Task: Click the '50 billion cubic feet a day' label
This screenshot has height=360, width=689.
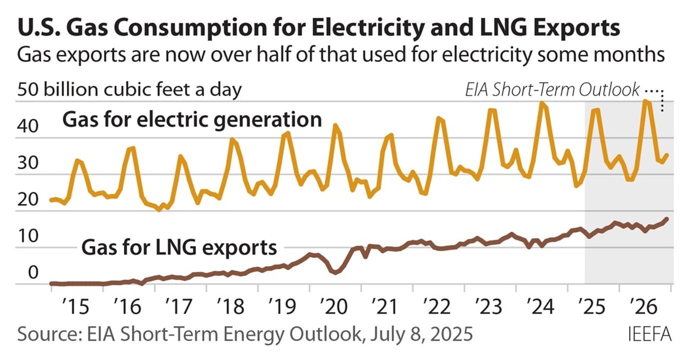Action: coord(130,90)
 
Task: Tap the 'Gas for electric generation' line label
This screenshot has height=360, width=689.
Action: coord(192,120)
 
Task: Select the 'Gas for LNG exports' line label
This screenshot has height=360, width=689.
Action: coord(179,247)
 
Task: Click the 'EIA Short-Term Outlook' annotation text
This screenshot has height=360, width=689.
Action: coord(552,90)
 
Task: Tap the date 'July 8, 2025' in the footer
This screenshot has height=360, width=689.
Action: coord(416,334)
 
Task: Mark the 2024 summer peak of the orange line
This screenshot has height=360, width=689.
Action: coord(541,103)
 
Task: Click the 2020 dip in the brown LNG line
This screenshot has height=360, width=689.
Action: coord(335,272)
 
